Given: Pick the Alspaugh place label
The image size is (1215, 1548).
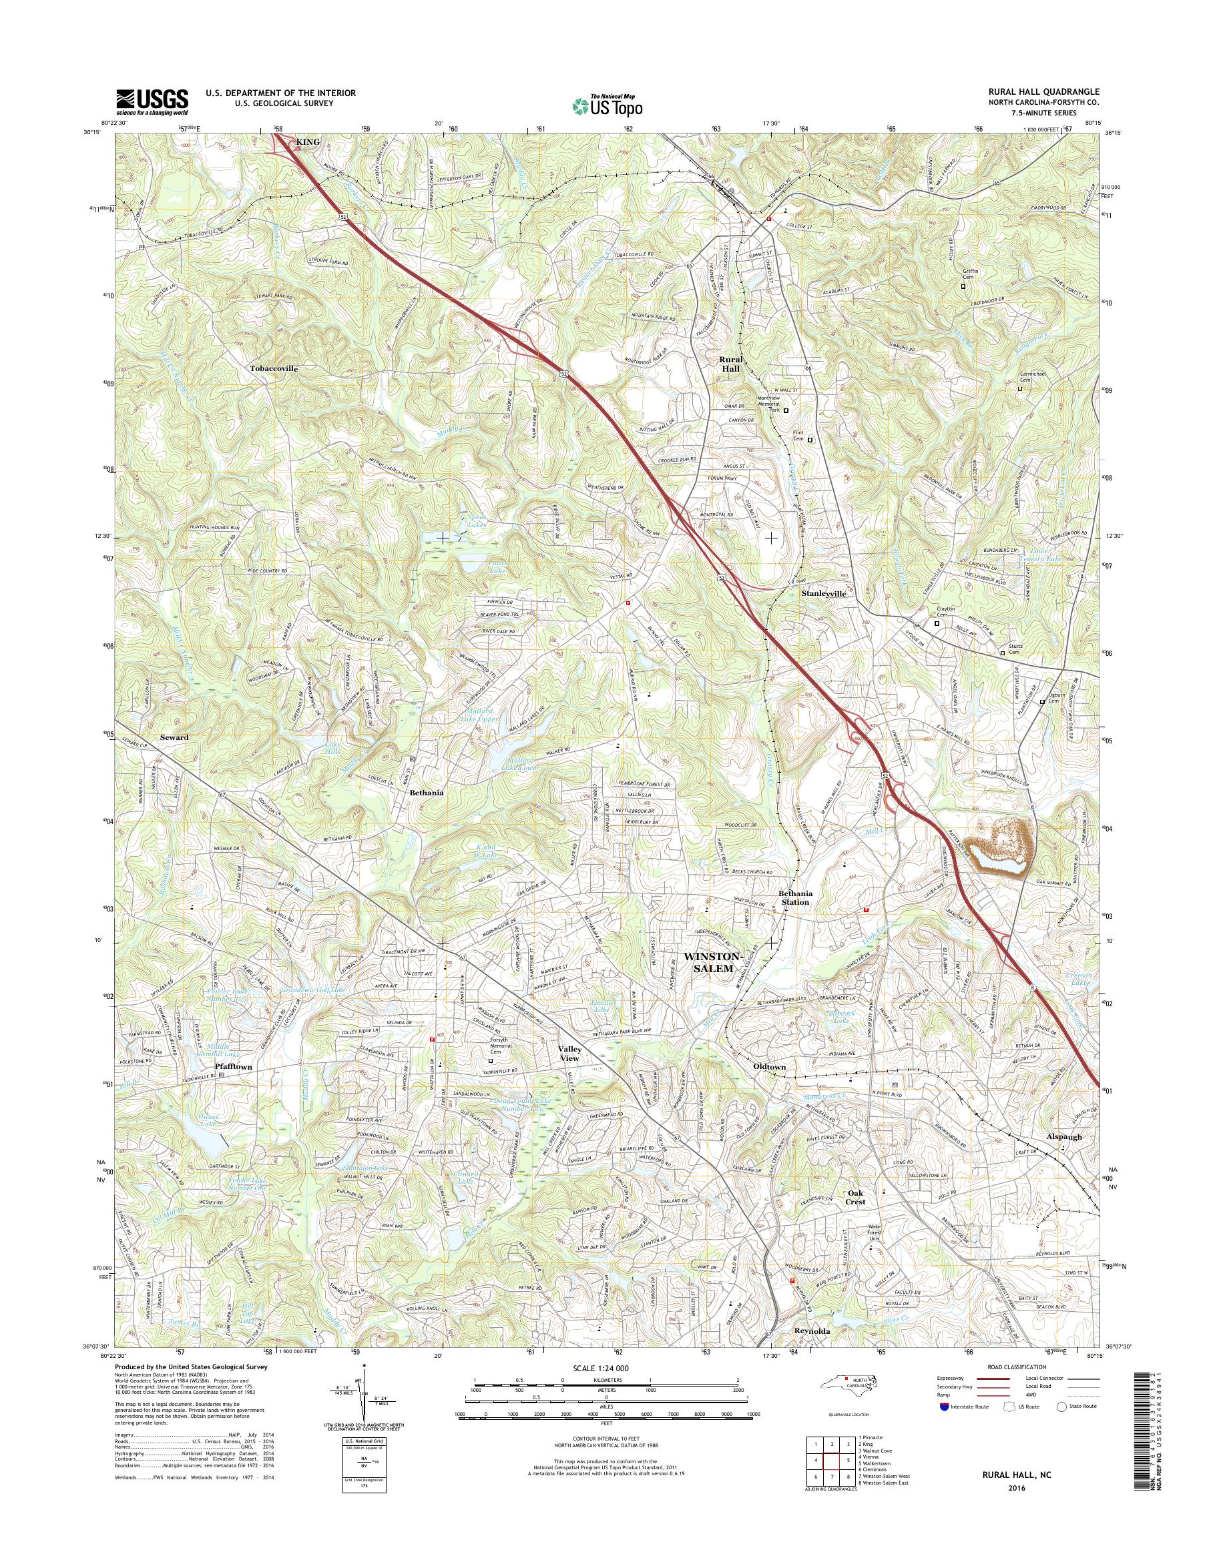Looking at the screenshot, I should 1063,1136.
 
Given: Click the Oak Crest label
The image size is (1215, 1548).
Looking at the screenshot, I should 855,1197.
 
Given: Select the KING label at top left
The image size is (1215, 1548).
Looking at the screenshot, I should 308,142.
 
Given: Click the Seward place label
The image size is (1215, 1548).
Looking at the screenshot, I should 174,737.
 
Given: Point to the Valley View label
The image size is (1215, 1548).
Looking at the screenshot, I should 570,1053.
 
